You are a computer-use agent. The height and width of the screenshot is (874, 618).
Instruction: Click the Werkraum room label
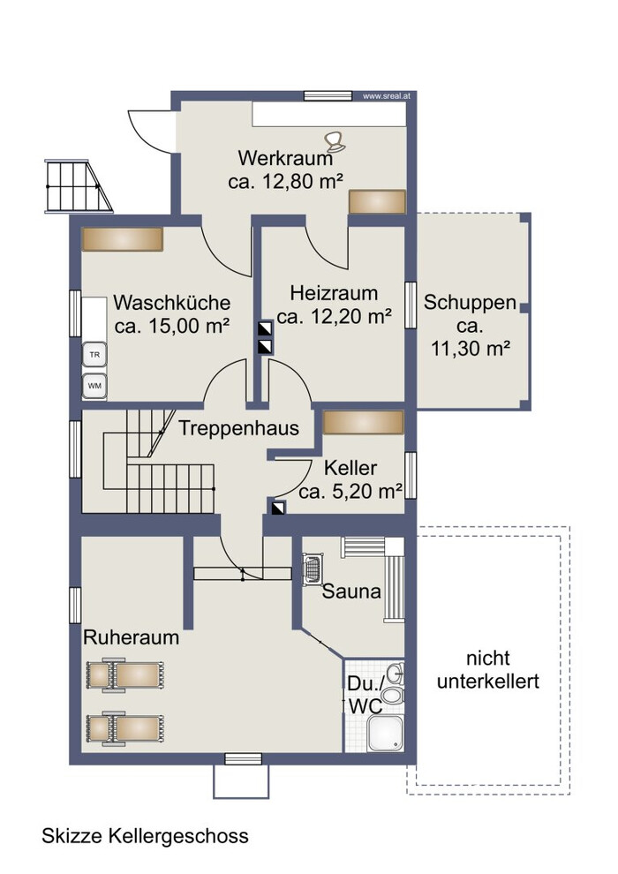click(x=285, y=158)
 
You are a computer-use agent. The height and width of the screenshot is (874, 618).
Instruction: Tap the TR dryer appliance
click(x=94, y=355)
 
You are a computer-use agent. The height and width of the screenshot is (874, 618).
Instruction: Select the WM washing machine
click(x=94, y=386)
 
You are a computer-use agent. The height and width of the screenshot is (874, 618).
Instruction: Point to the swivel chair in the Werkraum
click(x=335, y=141)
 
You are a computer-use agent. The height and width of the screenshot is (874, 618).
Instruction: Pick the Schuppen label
click(x=470, y=303)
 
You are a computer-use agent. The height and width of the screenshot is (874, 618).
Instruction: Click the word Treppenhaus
click(x=238, y=428)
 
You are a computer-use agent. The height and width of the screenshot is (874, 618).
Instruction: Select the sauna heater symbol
click(x=312, y=569)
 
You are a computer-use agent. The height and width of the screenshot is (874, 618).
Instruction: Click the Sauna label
click(x=351, y=591)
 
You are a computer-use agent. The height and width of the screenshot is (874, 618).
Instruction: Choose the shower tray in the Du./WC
click(x=385, y=733)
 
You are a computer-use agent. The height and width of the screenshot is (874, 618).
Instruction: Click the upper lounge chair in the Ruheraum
click(x=124, y=675)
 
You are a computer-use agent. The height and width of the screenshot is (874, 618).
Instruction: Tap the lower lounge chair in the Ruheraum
click(x=124, y=727)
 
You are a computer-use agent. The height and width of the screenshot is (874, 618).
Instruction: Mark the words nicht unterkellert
click(x=488, y=670)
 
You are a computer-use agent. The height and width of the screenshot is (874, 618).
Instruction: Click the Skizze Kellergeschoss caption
click(x=145, y=836)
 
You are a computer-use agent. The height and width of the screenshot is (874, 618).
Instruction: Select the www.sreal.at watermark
click(x=387, y=96)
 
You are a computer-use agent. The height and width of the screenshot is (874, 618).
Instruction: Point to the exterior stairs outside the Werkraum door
click(x=78, y=186)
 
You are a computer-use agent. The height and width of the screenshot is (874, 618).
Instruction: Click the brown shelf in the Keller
click(x=364, y=422)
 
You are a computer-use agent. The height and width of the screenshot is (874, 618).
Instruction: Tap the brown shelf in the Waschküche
click(x=122, y=239)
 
